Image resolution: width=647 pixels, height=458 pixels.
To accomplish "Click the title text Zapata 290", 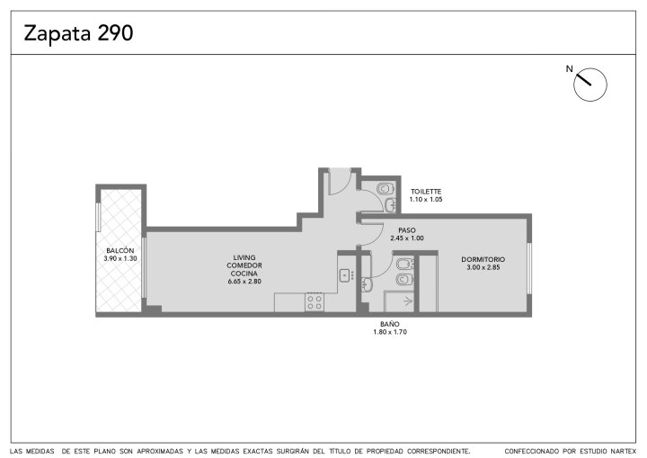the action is (x=78, y=33).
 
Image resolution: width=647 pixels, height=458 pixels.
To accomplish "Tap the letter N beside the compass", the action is (x=570, y=69).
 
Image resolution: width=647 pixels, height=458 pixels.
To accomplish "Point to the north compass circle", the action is (x=590, y=85).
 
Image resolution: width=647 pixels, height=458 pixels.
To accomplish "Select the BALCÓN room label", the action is (x=120, y=250).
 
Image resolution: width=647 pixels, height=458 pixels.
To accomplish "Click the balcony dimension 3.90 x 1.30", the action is (x=120, y=259).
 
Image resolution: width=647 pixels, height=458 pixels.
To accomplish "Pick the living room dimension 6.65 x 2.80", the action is (x=244, y=282).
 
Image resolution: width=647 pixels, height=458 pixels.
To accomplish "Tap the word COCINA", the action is (x=244, y=274).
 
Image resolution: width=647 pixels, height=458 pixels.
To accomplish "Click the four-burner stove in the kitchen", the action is (x=315, y=301).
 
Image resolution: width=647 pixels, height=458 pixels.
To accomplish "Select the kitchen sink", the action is (x=347, y=275).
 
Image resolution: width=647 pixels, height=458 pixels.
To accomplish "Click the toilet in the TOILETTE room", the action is (x=385, y=189).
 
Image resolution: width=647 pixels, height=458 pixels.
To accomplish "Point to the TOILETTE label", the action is (x=426, y=192).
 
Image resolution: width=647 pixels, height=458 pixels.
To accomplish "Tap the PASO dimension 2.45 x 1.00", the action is (x=407, y=238).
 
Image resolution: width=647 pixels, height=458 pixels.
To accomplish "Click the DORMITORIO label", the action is (x=483, y=259).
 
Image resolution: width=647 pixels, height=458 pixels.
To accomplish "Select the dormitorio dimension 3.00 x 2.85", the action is (x=483, y=267).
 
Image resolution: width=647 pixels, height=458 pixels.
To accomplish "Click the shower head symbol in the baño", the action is (x=409, y=301).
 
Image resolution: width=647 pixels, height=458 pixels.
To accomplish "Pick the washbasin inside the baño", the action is (x=367, y=284).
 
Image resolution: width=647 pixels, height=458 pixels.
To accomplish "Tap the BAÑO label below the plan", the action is (x=390, y=324).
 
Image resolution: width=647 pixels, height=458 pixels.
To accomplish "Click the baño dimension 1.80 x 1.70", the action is (x=390, y=332).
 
